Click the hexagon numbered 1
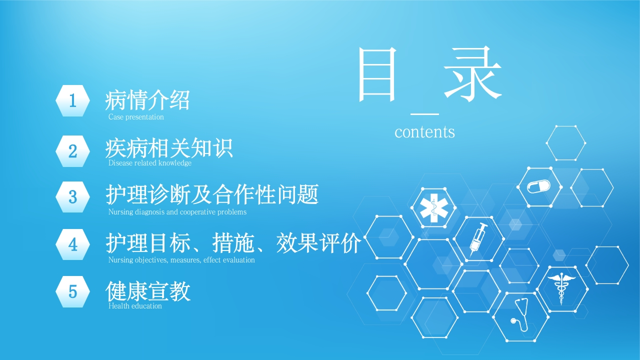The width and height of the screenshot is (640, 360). pos(72,100)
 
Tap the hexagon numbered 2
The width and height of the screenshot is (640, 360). pos(72,151)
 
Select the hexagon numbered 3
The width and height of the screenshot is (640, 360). pos(72,197)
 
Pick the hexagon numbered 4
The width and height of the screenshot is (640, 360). pos(72,244)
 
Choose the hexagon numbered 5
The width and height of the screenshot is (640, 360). pos(72,291)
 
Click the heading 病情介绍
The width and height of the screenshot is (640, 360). pos(147,100)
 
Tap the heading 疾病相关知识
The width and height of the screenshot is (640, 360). pos(169,148)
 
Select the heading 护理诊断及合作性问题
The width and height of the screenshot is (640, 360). pos(212,194)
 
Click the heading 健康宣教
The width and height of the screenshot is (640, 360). pos(148,291)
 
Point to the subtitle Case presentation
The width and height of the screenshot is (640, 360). pos(136,117)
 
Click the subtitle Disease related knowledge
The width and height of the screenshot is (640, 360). pos(149,163)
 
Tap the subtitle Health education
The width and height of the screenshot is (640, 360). pos(135,306)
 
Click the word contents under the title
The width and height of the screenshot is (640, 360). pos(424,132)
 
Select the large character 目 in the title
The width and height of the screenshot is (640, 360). pos(377,74)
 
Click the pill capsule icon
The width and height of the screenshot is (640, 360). pos(538,186)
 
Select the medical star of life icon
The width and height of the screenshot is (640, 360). pos(433,208)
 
